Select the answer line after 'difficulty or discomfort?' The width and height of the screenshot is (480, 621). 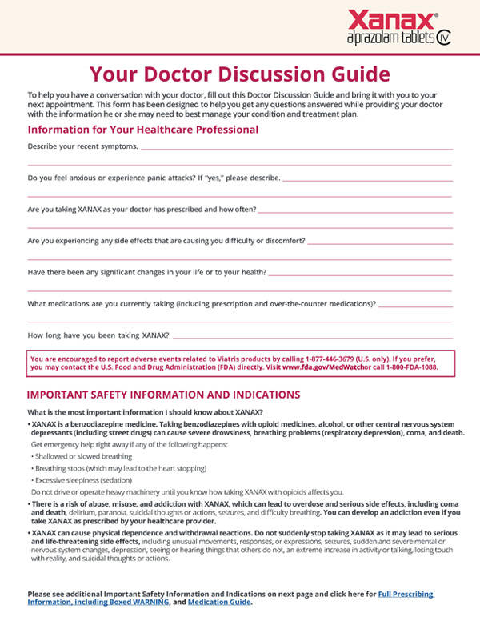pos(380,242)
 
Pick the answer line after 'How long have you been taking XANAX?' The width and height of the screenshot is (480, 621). pos(312,337)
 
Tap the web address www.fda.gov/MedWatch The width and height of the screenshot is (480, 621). pos(319,370)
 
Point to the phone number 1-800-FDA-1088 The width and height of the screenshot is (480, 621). pos(405,370)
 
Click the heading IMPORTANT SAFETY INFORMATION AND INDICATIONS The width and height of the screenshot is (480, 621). pos(164,395)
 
